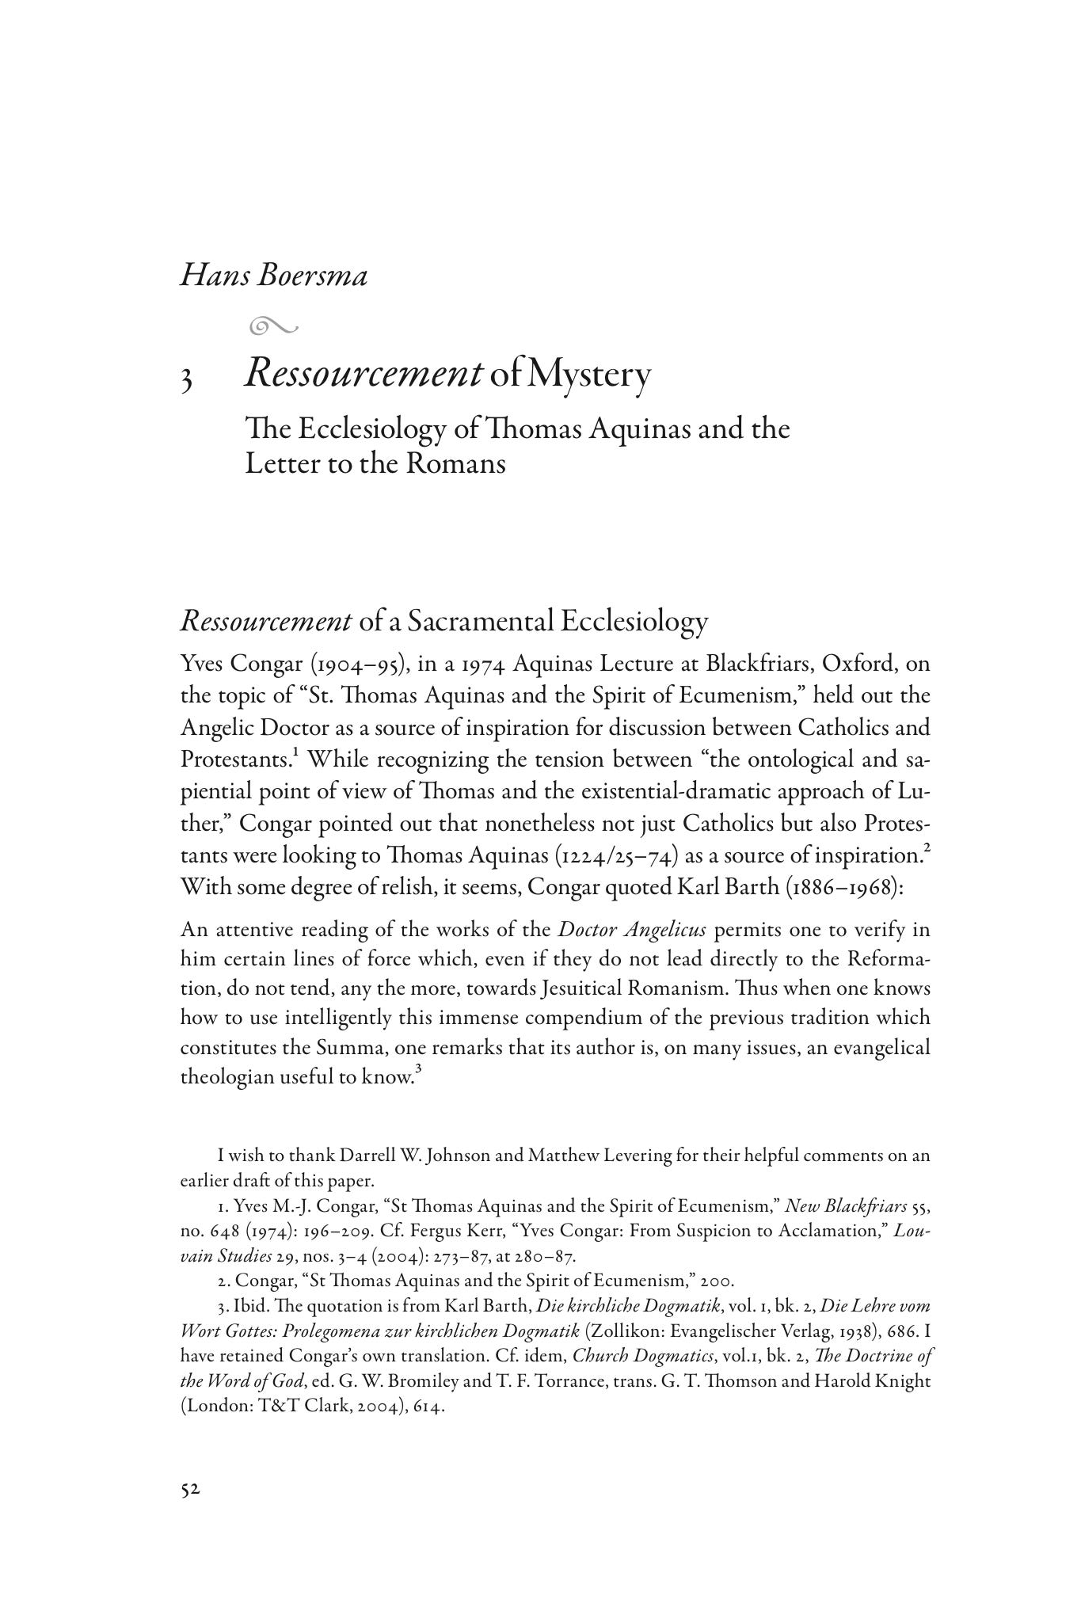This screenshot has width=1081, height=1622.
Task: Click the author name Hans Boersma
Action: coord(274,276)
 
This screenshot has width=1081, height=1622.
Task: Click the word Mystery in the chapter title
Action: coord(588,374)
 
